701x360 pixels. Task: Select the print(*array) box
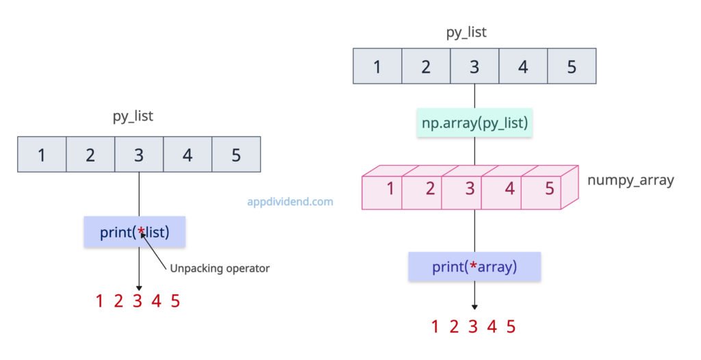(474, 266)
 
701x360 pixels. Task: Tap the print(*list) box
(135, 232)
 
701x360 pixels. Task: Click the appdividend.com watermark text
(290, 202)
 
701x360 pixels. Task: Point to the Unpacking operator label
(219, 268)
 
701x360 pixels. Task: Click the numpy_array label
(630, 181)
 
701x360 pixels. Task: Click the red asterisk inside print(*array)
(473, 267)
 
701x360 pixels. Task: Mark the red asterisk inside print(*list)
(141, 232)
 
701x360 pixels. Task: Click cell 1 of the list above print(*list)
(42, 155)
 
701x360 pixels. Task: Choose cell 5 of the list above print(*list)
(236, 155)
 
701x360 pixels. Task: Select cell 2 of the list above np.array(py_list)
(426, 67)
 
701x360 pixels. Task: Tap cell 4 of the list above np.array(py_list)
(523, 67)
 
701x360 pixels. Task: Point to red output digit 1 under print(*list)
(100, 300)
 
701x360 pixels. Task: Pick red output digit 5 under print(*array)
(511, 326)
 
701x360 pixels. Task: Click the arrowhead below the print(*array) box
(474, 307)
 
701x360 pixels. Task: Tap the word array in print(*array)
(496, 267)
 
